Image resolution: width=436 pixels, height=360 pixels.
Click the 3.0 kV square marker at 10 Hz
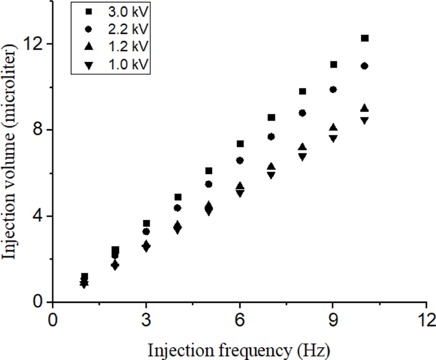tap(365, 38)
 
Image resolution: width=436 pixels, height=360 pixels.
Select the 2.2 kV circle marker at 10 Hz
tap(365, 66)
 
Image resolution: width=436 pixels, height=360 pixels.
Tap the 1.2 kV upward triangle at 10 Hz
tap(365, 108)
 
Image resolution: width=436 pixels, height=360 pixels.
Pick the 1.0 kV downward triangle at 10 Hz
tap(365, 121)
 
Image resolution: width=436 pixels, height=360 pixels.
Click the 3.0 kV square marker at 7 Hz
tap(271, 117)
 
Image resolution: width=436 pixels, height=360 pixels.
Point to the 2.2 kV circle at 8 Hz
tap(302, 113)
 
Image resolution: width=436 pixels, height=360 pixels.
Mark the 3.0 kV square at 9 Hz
tap(334, 64)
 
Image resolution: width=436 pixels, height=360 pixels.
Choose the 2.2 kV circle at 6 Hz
tap(240, 160)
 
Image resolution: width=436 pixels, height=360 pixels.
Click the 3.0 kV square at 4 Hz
tap(178, 197)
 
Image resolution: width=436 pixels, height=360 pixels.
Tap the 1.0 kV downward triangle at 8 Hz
tap(302, 157)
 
